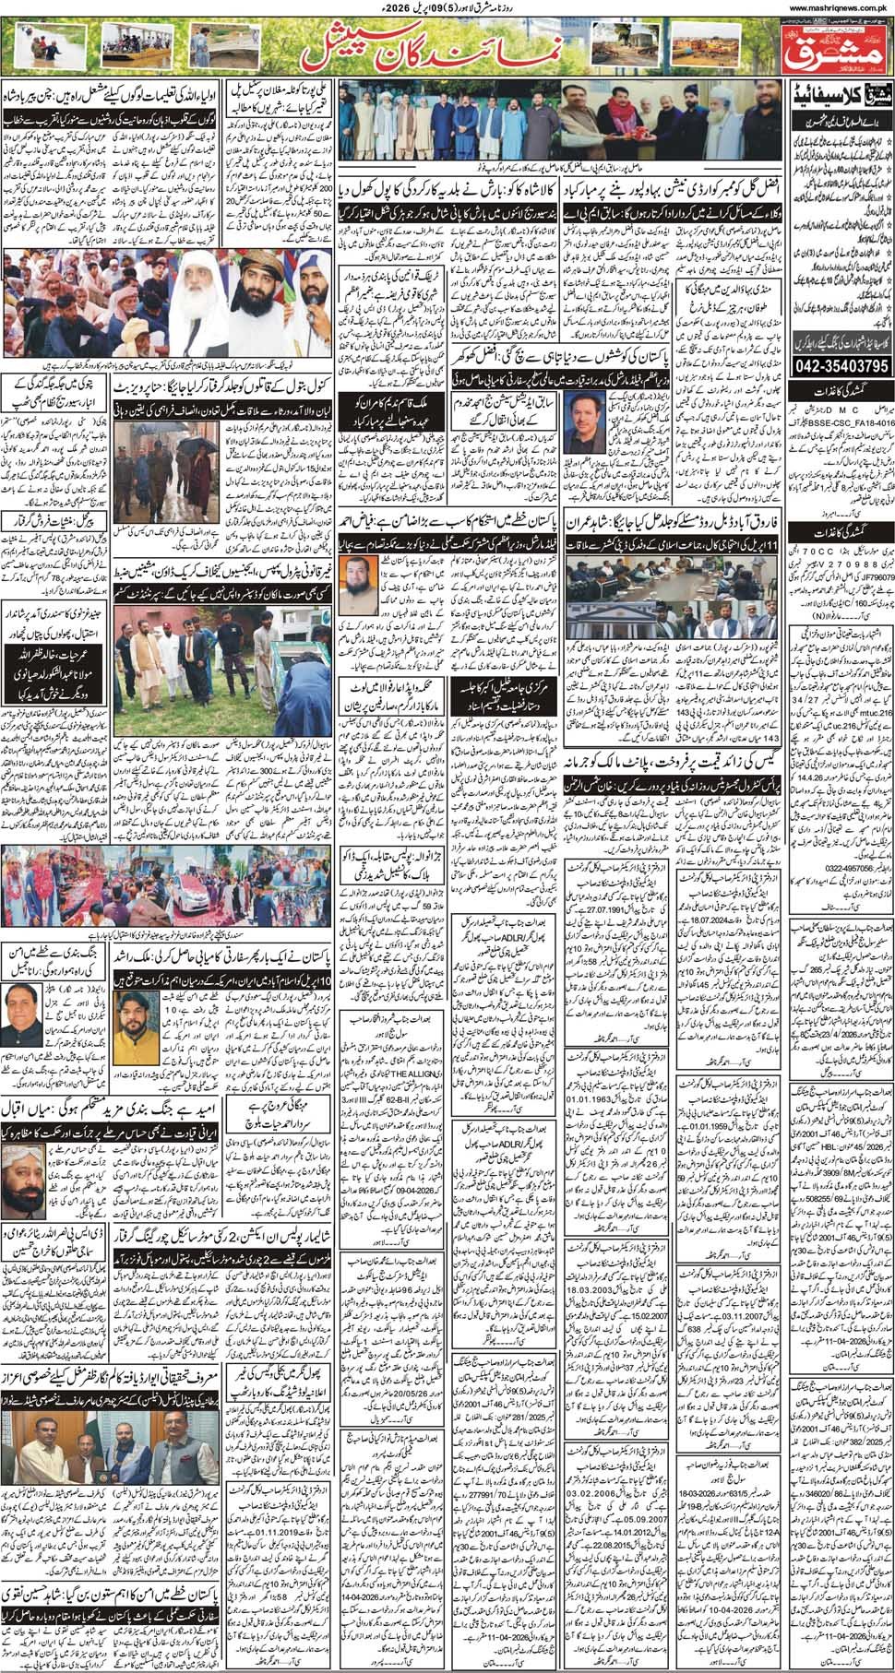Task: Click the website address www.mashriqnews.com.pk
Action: pyautogui.click(x=838, y=7)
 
